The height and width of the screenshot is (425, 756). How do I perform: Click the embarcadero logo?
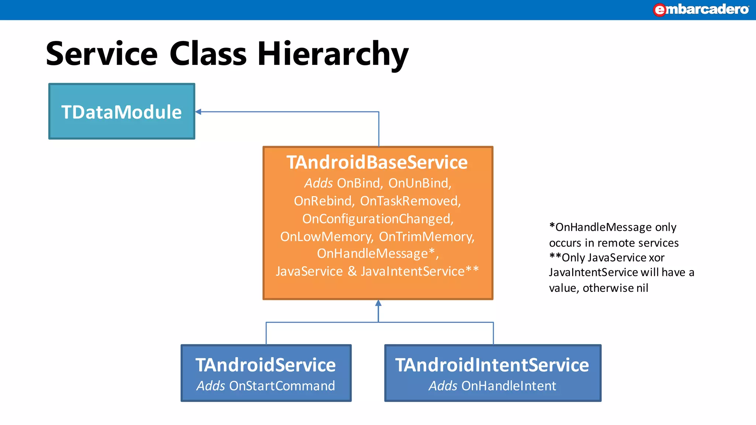click(x=701, y=10)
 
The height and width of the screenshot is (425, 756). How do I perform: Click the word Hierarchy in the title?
click(x=333, y=54)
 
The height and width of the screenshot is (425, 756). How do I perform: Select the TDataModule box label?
click(x=121, y=112)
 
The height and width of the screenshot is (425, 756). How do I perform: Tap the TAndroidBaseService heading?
click(x=377, y=162)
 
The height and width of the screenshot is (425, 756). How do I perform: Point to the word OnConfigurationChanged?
click(x=377, y=219)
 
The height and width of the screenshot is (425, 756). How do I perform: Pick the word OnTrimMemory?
click(x=426, y=236)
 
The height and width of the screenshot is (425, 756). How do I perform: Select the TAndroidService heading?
click(x=265, y=365)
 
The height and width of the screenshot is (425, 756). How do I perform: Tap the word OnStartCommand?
click(x=282, y=386)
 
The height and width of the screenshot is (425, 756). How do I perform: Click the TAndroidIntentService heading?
click(x=492, y=365)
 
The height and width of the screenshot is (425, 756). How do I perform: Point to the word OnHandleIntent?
click(x=508, y=386)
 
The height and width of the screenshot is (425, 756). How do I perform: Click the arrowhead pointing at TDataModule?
click(x=198, y=112)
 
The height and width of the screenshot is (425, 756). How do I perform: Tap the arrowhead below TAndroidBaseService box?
click(x=378, y=303)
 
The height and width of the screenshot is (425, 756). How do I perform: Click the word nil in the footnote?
click(x=642, y=288)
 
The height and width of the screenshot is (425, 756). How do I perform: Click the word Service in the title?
click(x=102, y=54)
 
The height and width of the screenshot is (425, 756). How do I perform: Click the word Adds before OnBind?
click(x=318, y=183)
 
